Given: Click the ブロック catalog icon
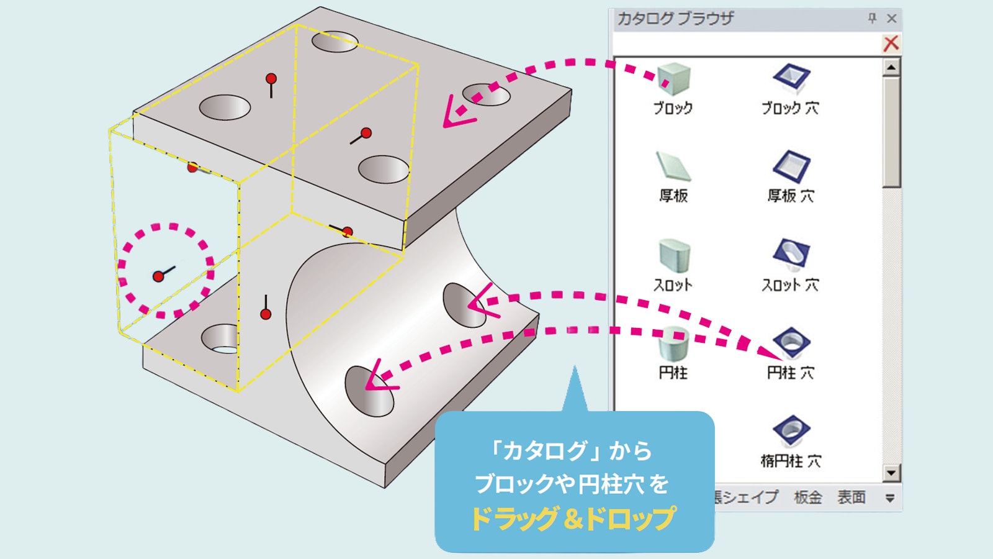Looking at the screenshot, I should (x=673, y=78).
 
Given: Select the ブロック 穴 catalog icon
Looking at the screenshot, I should (x=791, y=78).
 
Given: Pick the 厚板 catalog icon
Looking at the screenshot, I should (x=673, y=166).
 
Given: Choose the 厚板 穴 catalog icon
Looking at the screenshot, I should (x=791, y=166).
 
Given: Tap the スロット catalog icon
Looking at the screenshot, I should (x=673, y=255).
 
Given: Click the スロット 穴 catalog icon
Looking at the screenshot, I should (x=791, y=255).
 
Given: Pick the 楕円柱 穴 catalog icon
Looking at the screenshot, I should (x=791, y=430).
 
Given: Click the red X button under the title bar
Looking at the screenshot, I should (x=891, y=43).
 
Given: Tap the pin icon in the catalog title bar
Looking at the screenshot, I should (x=872, y=19).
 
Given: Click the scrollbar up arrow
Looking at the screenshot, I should (x=891, y=67).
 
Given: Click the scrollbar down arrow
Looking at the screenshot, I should (x=891, y=473).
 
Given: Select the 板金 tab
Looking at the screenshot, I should (x=807, y=498).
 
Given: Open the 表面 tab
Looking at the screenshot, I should (x=851, y=498).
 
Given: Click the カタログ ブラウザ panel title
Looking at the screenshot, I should (x=675, y=19).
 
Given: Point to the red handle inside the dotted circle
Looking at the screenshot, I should (x=158, y=276).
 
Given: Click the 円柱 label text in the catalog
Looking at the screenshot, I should (x=673, y=373).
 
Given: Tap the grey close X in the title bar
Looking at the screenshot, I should (x=892, y=19).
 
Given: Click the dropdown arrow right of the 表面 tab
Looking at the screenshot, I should (x=890, y=498).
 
